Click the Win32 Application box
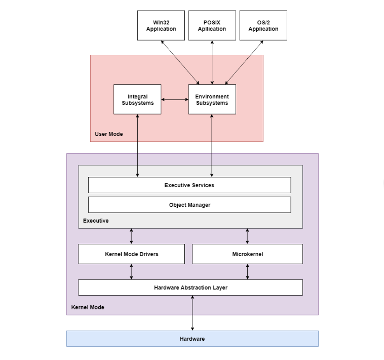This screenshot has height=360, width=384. click(x=161, y=25)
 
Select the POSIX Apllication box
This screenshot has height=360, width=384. click(x=212, y=25)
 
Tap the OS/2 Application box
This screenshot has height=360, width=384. click(x=263, y=25)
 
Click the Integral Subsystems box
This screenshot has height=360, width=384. click(x=137, y=99)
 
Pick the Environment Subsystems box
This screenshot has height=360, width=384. click(x=212, y=99)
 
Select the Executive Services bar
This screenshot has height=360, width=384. click(x=189, y=185)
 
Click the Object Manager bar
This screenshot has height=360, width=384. click(x=189, y=205)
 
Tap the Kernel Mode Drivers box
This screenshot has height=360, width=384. click(x=131, y=254)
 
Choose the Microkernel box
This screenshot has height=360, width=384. click(x=247, y=254)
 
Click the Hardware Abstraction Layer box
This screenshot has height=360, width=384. click(x=190, y=287)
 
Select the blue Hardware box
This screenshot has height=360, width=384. click(x=192, y=339)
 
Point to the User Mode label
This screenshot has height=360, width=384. click(x=108, y=134)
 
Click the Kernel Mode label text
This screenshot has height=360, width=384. click(x=88, y=307)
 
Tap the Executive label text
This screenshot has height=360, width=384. click(x=96, y=221)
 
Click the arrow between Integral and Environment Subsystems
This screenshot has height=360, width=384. click(x=175, y=99)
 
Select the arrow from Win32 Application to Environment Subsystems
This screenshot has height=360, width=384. click(x=180, y=62)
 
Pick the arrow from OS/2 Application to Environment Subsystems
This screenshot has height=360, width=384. click(x=244, y=62)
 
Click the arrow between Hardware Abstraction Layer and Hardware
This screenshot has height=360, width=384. click(x=193, y=313)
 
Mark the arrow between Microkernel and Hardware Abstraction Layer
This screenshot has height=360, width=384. click(x=247, y=272)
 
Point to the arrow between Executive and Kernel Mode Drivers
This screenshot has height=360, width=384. click(x=131, y=236)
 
